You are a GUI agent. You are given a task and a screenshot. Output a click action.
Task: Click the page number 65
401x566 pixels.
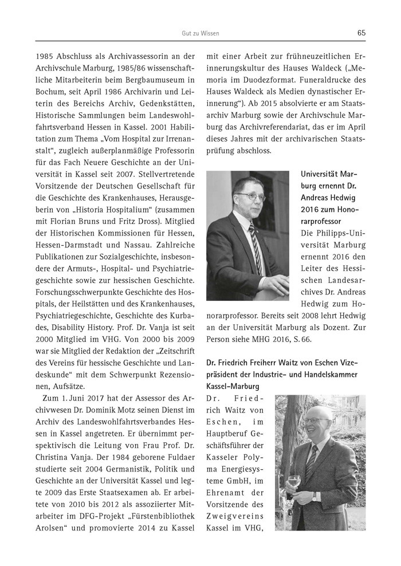click(x=361, y=33)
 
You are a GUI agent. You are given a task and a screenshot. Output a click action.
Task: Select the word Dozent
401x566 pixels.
click(x=343, y=325)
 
